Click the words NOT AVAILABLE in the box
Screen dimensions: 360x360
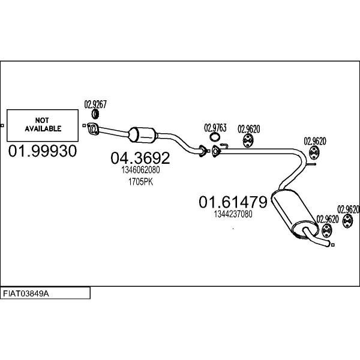click(43, 124)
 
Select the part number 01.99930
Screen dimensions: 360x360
click(43, 151)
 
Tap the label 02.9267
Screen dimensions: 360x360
click(95, 104)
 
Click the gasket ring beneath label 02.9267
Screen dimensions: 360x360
click(95, 115)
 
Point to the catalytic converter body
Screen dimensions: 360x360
click(143, 135)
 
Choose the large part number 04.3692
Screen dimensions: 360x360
click(140, 158)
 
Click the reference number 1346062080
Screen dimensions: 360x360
click(140, 170)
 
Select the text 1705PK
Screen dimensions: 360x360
click(140, 182)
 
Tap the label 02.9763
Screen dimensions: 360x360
click(215, 128)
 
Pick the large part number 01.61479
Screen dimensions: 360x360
click(233, 202)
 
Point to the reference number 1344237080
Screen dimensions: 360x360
click(233, 214)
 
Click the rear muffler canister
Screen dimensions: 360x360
click(295, 214)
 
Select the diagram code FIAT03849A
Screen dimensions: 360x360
click(26, 293)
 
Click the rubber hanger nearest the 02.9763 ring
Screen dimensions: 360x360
click(248, 141)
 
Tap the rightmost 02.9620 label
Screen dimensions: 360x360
click(348, 209)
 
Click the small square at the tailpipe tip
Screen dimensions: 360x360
click(333, 245)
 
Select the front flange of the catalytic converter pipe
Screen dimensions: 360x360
click(92, 128)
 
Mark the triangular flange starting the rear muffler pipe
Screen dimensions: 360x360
click(215, 151)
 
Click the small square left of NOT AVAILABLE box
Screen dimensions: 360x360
click(2, 125)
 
